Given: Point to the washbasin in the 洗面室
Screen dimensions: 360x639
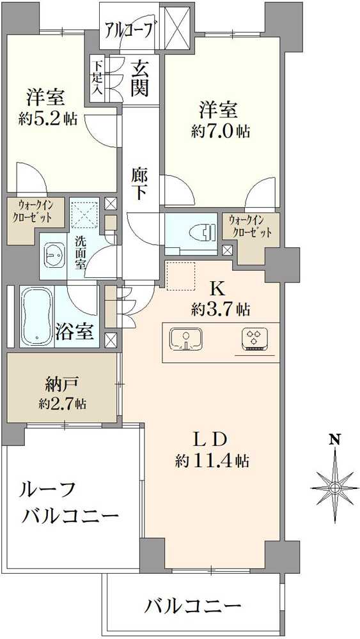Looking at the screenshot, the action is coord(54,256).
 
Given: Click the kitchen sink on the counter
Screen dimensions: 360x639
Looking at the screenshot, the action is coord(187,339).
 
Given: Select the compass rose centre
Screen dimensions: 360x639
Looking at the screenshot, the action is coord(334,488).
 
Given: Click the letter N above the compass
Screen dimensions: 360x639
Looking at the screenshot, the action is coord(334,439).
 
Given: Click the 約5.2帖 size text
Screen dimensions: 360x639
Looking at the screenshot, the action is coord(49,119).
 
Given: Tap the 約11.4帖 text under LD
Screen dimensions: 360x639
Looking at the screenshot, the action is coord(212,461).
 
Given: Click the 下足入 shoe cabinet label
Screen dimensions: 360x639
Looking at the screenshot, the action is coord(97,77).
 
